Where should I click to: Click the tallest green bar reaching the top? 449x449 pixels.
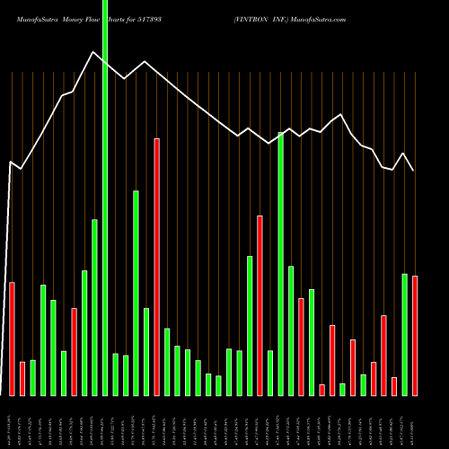[104, 198]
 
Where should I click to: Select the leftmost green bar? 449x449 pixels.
[32, 377]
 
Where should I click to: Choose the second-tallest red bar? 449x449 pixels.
[260, 305]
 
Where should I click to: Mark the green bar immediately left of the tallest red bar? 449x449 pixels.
[146, 351]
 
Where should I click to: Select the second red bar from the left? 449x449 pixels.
[22, 378]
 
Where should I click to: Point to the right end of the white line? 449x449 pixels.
[414, 171]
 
